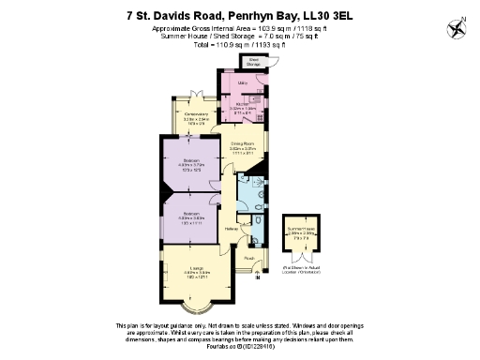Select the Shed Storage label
click(x=254, y=62)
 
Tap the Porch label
click(x=249, y=257)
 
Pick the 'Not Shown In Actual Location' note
click(x=302, y=271)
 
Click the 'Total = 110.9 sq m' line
click(x=240, y=43)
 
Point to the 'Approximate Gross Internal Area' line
click(x=240, y=29)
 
